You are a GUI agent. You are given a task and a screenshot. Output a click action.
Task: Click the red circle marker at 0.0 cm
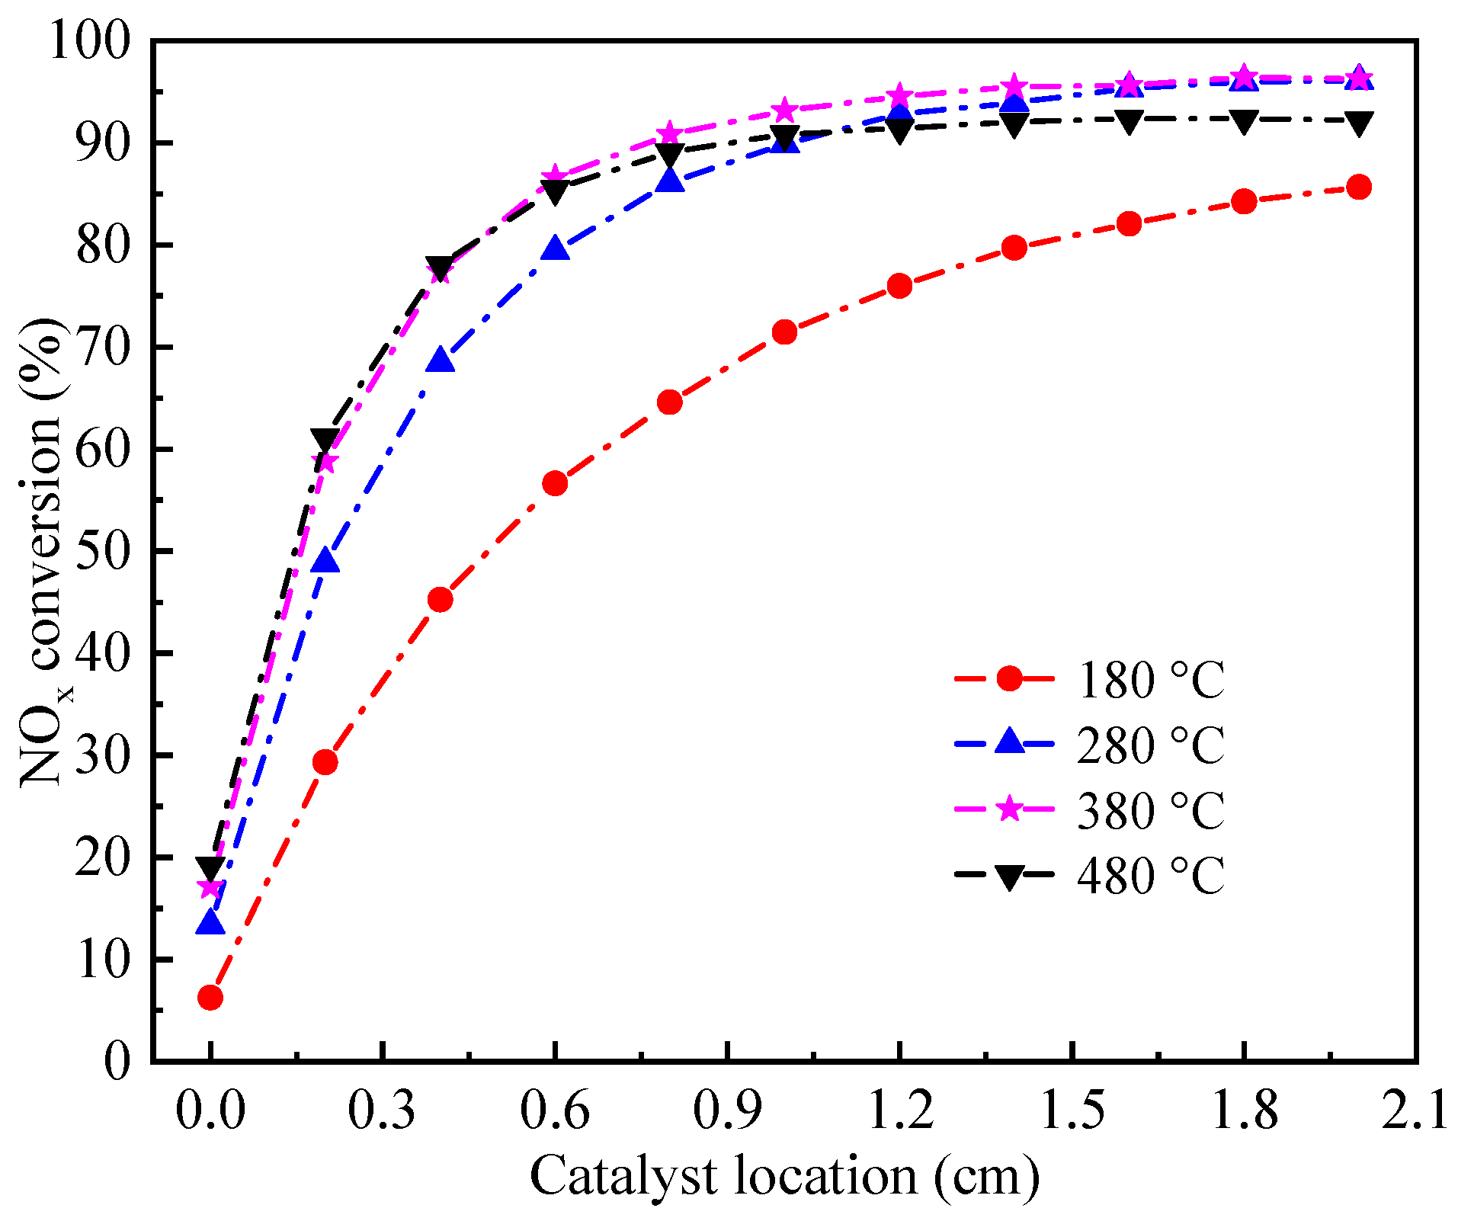(x=210, y=997)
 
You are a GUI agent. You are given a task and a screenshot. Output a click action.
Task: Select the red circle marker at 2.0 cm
(x=1358, y=187)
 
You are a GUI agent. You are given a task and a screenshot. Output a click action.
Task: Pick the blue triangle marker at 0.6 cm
(x=555, y=249)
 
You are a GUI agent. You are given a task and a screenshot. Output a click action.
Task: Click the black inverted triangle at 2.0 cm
(x=1358, y=122)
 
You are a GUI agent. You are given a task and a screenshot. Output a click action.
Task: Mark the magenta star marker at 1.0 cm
(x=784, y=111)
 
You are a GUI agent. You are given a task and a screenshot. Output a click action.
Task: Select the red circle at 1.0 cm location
(x=784, y=332)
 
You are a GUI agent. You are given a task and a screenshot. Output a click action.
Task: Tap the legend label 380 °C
(x=1149, y=809)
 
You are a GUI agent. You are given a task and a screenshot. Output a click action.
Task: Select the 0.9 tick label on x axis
(x=728, y=1109)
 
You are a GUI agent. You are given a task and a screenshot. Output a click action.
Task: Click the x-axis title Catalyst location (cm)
(x=784, y=1175)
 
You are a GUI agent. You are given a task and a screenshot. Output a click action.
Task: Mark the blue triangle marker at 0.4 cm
(x=441, y=360)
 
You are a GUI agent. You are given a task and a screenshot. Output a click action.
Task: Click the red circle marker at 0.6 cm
(x=555, y=483)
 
